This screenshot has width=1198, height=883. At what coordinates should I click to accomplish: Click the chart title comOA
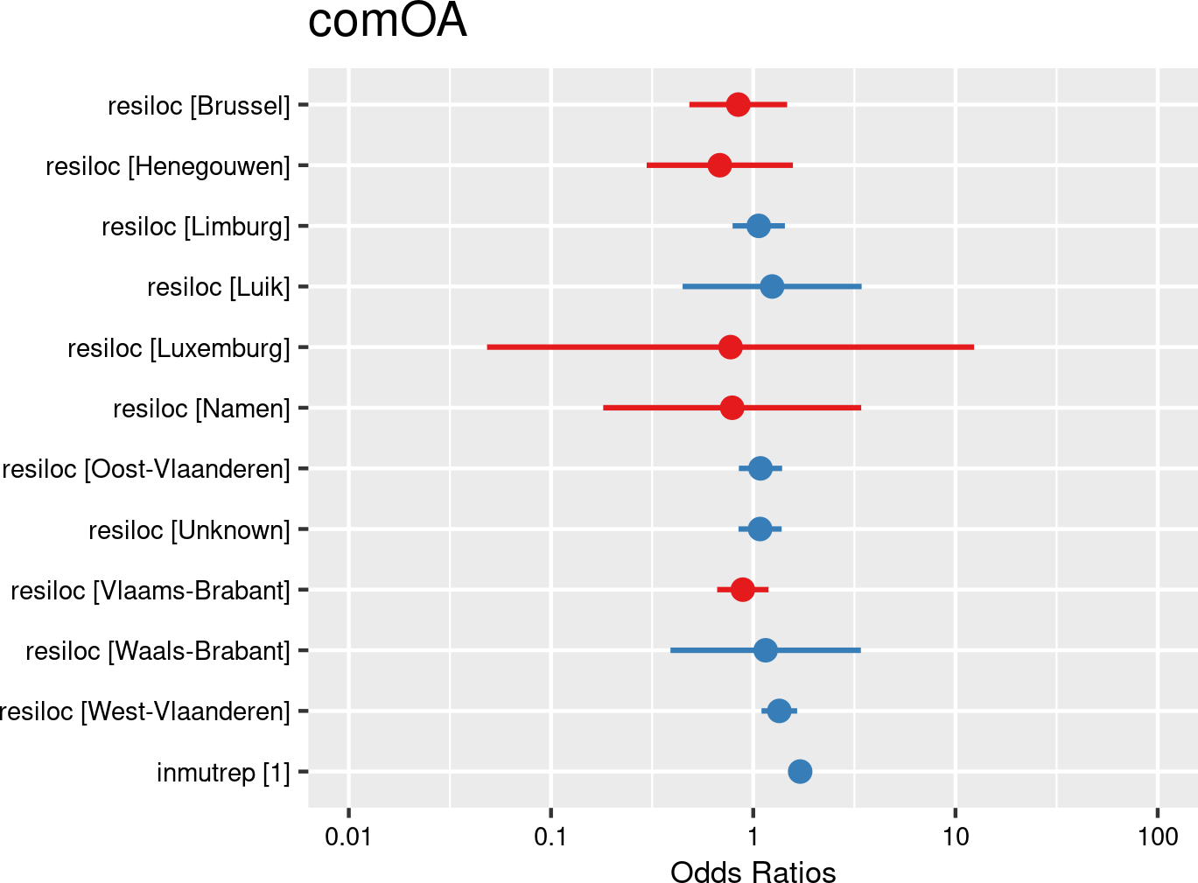pos(387,21)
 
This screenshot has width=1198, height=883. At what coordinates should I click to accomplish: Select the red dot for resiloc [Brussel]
pos(738,105)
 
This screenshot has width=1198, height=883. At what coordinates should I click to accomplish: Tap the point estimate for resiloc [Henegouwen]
pos(719,165)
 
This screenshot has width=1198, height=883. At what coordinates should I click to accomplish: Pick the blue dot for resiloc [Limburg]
pos(759,226)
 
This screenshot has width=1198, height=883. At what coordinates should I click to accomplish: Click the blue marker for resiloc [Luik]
pos(772,286)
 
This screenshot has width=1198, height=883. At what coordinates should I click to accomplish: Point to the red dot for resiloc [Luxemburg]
pos(730,347)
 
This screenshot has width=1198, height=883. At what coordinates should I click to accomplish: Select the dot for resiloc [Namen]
pos(732,408)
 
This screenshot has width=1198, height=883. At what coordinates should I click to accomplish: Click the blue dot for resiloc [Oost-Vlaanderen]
pos(760,468)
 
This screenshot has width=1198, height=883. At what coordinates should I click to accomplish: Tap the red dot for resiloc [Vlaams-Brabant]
pos(742,590)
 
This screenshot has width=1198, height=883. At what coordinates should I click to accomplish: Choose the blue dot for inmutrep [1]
pos(800,771)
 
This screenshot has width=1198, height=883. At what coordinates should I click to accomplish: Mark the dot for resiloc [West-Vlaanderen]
pos(779,711)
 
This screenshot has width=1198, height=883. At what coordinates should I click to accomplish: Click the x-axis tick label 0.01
pos(348,837)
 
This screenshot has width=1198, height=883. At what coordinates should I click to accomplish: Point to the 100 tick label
pos(1158,837)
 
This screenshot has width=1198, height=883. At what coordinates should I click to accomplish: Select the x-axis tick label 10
pos(956,837)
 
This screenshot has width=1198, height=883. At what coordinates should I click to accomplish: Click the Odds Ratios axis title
pos(753,872)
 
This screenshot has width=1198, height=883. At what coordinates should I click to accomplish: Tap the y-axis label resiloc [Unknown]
pos(189,530)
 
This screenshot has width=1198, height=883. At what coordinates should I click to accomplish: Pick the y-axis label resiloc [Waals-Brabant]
pos(158,651)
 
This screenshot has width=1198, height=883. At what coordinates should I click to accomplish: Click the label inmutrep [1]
pos(223,773)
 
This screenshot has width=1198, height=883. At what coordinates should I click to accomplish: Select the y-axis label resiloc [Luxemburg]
pos(179,348)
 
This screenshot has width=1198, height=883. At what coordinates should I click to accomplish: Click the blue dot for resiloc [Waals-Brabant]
pos(765,650)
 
